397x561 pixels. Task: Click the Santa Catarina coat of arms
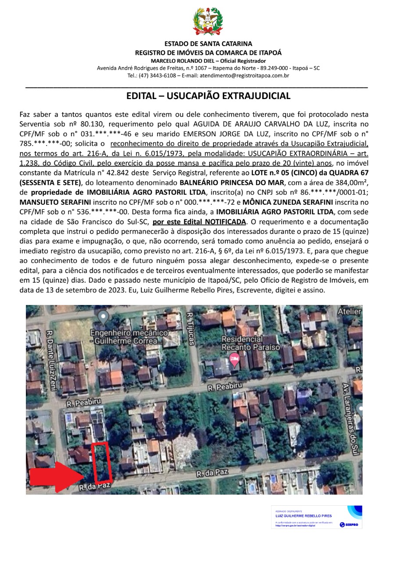208,21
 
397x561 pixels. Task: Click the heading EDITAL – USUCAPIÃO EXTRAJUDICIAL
208,96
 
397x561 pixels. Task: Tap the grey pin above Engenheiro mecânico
103,316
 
